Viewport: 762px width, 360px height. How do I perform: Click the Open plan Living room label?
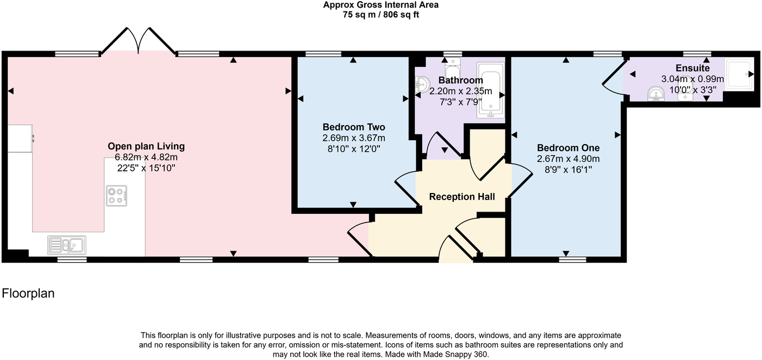(x=146, y=146)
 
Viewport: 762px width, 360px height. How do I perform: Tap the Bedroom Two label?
(x=353, y=127)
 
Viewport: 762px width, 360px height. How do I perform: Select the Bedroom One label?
(x=568, y=148)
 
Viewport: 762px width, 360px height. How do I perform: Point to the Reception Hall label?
(x=462, y=196)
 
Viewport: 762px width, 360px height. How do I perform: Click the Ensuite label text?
(x=692, y=69)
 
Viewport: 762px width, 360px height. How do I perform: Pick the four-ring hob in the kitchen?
(x=117, y=196)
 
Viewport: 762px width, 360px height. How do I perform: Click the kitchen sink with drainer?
(x=65, y=245)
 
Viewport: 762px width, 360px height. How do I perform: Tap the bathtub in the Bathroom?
(x=491, y=90)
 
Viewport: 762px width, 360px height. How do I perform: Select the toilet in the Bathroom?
(x=452, y=68)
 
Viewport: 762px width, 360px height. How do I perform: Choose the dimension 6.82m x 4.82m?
(x=146, y=157)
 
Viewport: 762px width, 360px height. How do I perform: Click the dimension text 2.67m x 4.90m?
(x=568, y=159)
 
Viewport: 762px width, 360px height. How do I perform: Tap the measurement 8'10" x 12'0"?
(x=353, y=148)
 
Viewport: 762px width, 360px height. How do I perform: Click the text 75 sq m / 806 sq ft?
(x=380, y=15)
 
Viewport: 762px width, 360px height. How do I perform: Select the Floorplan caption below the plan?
(x=28, y=294)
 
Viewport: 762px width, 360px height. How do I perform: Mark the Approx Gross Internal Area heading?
(x=380, y=5)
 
